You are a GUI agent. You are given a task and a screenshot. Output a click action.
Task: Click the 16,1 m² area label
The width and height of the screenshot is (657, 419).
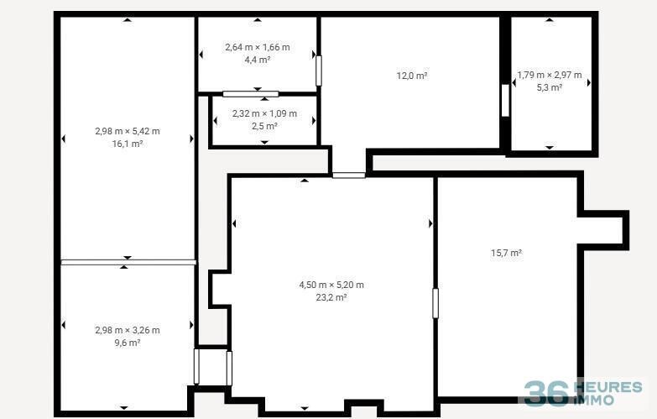pyautogui.click(x=128, y=144)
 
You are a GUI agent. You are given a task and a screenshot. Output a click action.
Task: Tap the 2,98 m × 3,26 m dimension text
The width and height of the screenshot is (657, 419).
pyautogui.click(x=128, y=330)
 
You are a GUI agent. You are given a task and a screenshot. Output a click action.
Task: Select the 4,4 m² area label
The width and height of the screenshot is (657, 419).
pyautogui.click(x=258, y=60)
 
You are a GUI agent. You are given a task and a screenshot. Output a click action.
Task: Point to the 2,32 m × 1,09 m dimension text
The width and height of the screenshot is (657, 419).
pyautogui.click(x=264, y=113)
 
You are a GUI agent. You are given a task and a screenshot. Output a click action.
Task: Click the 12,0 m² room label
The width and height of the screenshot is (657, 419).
pyautogui.click(x=412, y=76)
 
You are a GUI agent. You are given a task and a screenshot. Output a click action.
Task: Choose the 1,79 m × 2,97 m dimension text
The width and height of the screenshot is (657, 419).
pyautogui.click(x=550, y=75)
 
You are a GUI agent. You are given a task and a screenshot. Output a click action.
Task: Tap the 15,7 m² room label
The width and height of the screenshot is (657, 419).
pyautogui.click(x=506, y=253)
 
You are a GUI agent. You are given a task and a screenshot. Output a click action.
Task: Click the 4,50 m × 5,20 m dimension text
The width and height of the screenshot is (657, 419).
pyautogui.click(x=331, y=285)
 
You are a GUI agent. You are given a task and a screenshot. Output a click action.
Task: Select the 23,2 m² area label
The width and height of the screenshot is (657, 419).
pyautogui.click(x=331, y=297)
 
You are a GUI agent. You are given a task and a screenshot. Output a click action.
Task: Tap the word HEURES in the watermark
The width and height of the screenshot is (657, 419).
pyautogui.click(x=610, y=387)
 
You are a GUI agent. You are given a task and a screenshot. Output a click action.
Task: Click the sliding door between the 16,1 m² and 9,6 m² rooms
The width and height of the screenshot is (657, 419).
pyautogui.click(x=128, y=263)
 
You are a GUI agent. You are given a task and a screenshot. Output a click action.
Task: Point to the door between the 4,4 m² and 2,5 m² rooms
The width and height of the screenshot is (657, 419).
pyautogui.click(x=251, y=94)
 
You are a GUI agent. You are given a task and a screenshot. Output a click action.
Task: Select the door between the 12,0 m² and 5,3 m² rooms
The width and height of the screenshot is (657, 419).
pyautogui.click(x=505, y=101)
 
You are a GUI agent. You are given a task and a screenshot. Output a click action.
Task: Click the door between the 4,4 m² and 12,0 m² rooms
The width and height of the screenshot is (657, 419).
pyautogui.click(x=319, y=71)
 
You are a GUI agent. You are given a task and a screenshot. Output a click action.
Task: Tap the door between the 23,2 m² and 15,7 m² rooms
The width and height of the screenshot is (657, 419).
pyautogui.click(x=435, y=303)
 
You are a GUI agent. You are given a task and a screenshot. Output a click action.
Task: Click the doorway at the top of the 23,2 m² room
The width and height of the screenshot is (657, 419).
pyautogui.click(x=349, y=175)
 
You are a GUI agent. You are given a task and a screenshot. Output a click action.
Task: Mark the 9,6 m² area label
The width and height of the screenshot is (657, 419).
pyautogui.click(x=128, y=343)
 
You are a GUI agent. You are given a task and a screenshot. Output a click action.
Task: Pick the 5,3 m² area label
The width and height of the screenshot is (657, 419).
pyautogui.click(x=550, y=87)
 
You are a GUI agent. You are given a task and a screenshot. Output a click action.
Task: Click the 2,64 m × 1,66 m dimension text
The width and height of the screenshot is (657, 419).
pyautogui.click(x=258, y=47)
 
